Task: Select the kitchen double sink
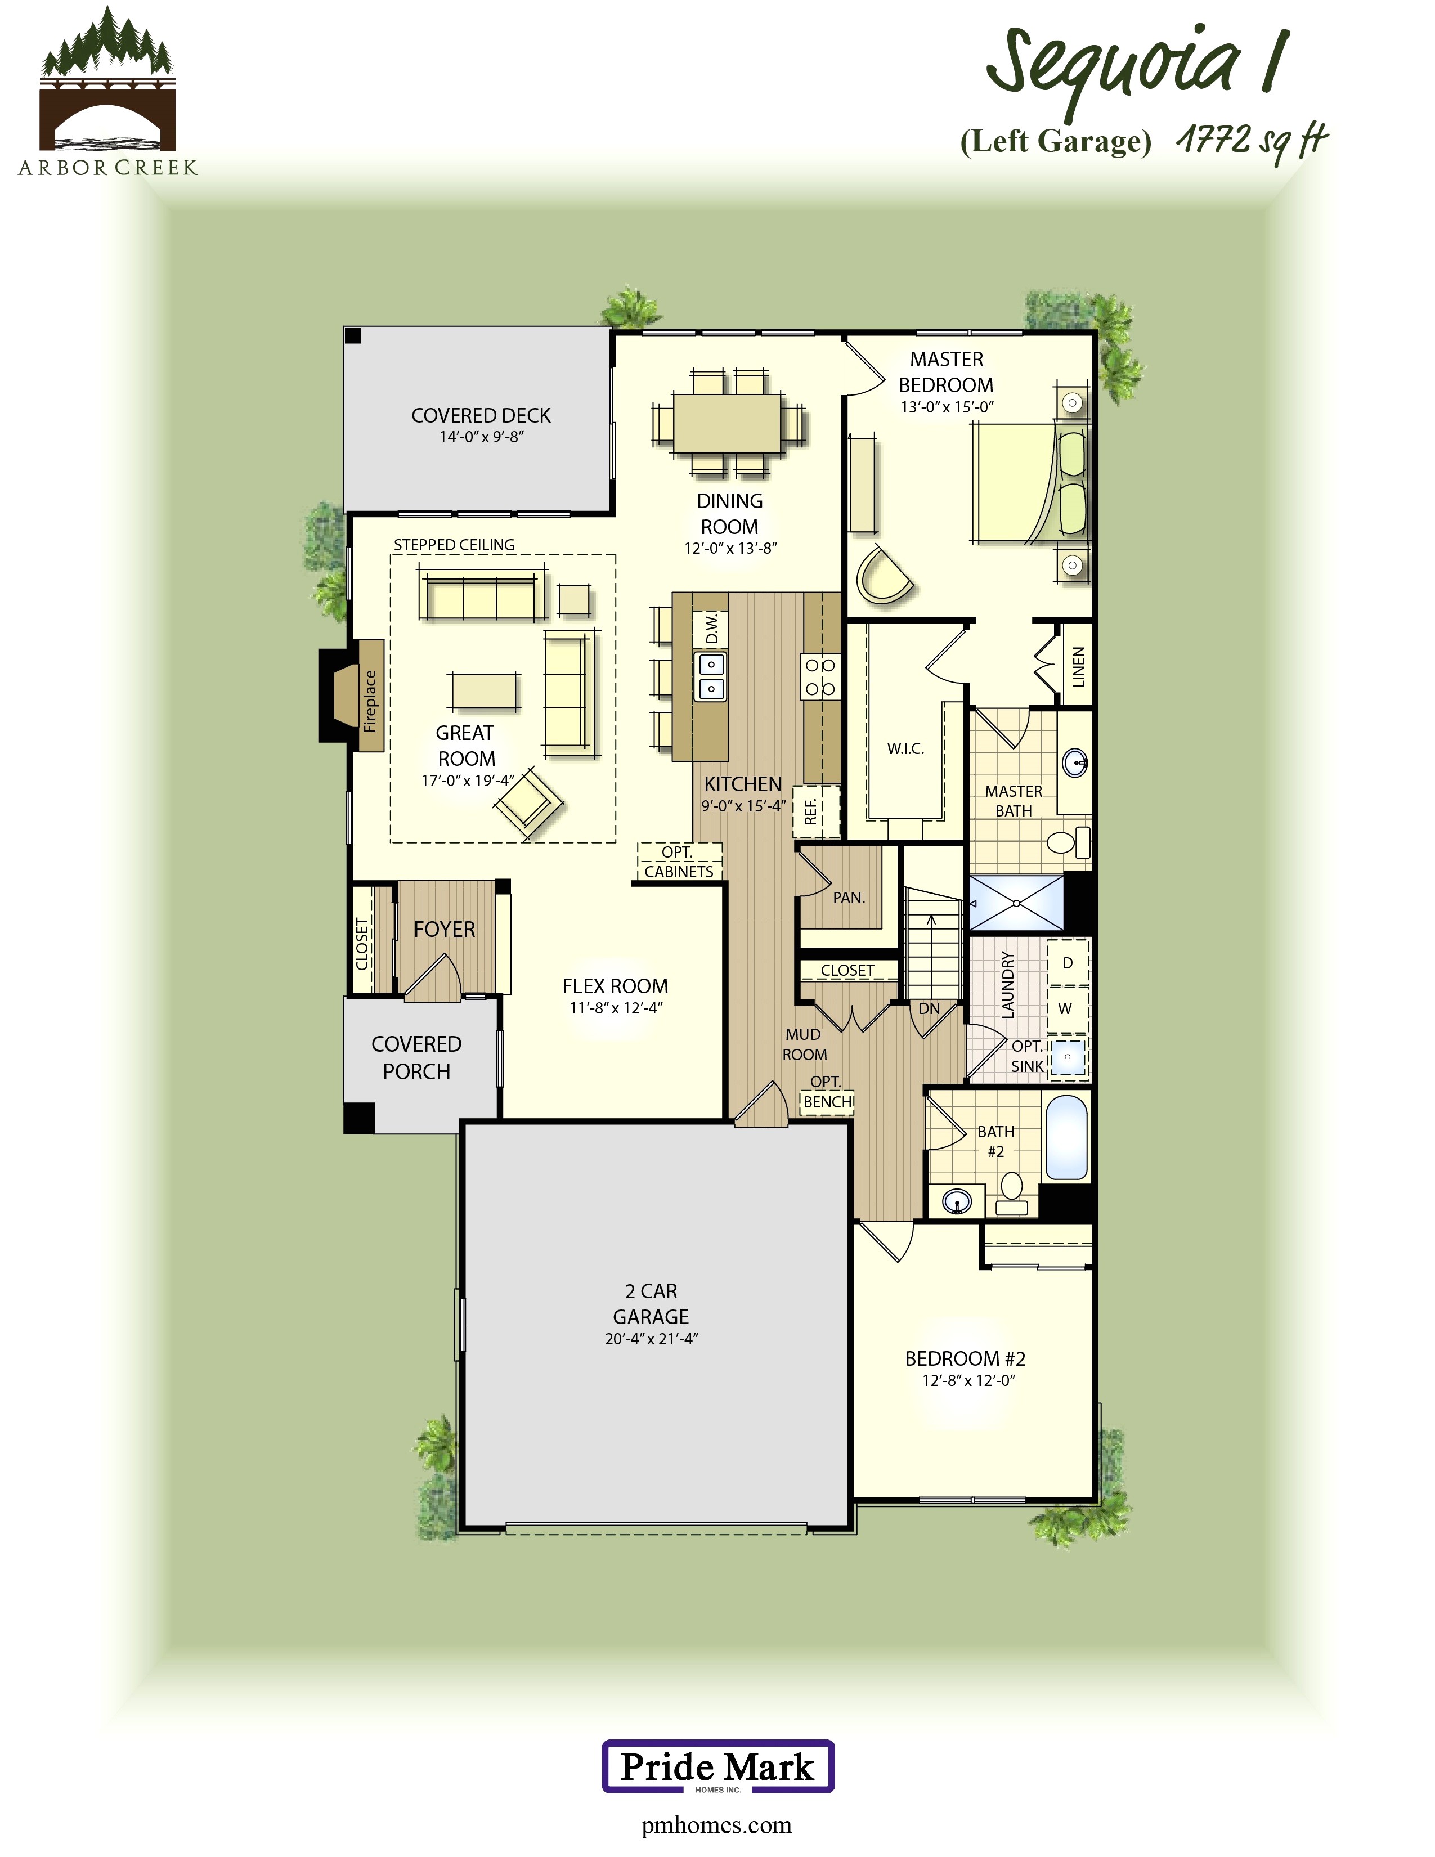(x=711, y=677)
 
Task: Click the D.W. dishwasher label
(x=711, y=629)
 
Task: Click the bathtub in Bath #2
(x=1066, y=1137)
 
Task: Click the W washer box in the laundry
(x=1065, y=1008)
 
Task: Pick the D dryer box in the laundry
(x=1067, y=962)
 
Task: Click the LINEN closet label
(x=1078, y=667)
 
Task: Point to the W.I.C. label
(x=905, y=748)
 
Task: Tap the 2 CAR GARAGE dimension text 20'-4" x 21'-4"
(x=651, y=1338)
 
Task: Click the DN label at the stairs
(x=929, y=1008)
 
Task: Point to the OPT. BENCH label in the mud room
(x=827, y=1093)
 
